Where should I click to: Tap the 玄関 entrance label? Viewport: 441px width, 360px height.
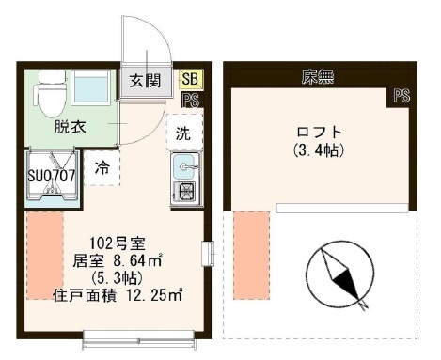[x=145, y=81]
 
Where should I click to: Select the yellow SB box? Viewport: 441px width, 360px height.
[x=191, y=79]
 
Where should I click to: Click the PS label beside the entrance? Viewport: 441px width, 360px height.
[x=191, y=101]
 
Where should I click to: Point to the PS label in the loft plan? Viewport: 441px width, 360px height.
[x=402, y=96]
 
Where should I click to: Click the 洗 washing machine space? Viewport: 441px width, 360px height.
[x=184, y=133]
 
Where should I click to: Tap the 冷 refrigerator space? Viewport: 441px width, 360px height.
[x=102, y=168]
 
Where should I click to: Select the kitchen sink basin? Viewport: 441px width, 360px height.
[x=185, y=166]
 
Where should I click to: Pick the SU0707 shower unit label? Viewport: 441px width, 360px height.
[x=52, y=176]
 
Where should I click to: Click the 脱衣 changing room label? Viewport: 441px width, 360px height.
[x=70, y=127]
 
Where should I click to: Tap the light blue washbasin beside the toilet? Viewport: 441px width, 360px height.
[x=91, y=87]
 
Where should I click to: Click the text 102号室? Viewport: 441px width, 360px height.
[x=118, y=243]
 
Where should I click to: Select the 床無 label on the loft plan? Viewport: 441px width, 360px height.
[x=317, y=77]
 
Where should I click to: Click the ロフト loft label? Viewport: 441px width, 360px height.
[x=319, y=132]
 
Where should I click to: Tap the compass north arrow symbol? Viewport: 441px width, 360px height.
[x=340, y=275]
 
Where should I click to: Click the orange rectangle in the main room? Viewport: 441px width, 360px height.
[x=45, y=256]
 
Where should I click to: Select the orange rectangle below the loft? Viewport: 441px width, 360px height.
[x=251, y=256]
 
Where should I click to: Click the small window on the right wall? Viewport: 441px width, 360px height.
[x=208, y=254]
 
